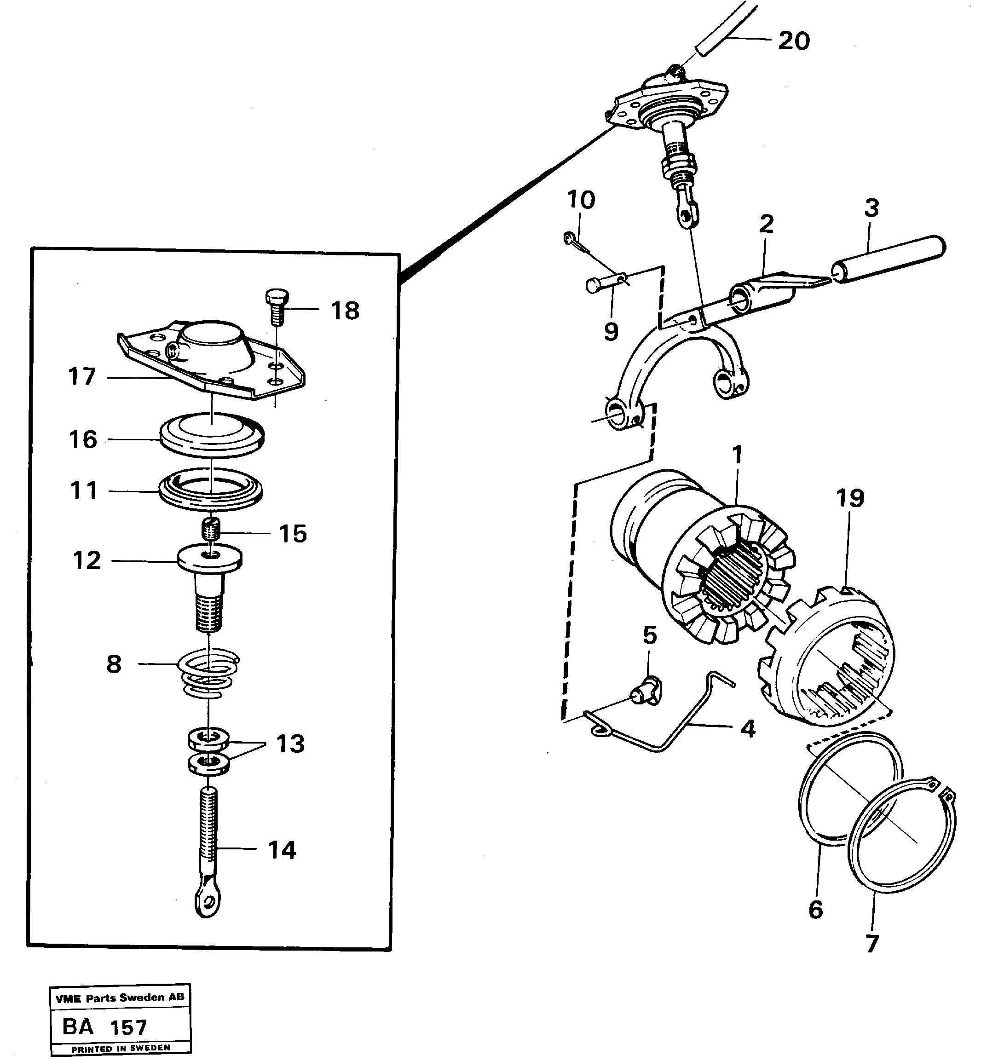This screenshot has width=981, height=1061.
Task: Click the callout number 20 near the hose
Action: coord(794,41)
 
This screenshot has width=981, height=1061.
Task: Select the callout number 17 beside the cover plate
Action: coord(82,376)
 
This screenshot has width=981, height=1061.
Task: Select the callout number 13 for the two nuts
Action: coord(290,744)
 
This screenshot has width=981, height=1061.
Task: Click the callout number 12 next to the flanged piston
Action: coord(87,560)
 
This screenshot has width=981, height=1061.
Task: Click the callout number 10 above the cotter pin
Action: coord(581,200)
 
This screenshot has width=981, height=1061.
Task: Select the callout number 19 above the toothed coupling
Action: coord(850,498)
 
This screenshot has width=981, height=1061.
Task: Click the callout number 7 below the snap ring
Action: coord(872,944)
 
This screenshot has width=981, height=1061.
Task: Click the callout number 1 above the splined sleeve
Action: coord(737,454)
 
